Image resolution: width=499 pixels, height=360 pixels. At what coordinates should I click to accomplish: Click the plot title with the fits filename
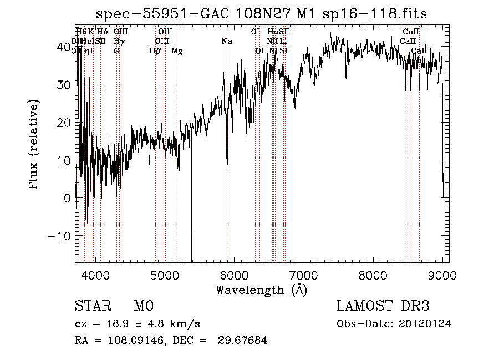pos(261,14)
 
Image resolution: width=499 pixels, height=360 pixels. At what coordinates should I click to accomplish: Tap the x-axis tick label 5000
pos(164,275)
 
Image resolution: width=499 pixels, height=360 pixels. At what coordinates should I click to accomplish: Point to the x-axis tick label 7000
pos(303,275)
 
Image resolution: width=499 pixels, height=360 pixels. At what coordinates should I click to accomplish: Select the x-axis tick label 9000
pos(442,275)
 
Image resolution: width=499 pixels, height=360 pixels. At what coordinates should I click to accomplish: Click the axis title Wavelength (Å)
pos(261,290)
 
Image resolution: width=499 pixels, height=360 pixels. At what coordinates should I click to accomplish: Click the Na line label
pos(226,42)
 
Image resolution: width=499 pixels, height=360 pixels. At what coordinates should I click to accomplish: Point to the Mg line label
pos(177,51)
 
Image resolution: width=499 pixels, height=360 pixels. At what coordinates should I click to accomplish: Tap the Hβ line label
pos(155,51)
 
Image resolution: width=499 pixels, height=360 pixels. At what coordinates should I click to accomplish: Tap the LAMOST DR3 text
pos(383,306)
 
